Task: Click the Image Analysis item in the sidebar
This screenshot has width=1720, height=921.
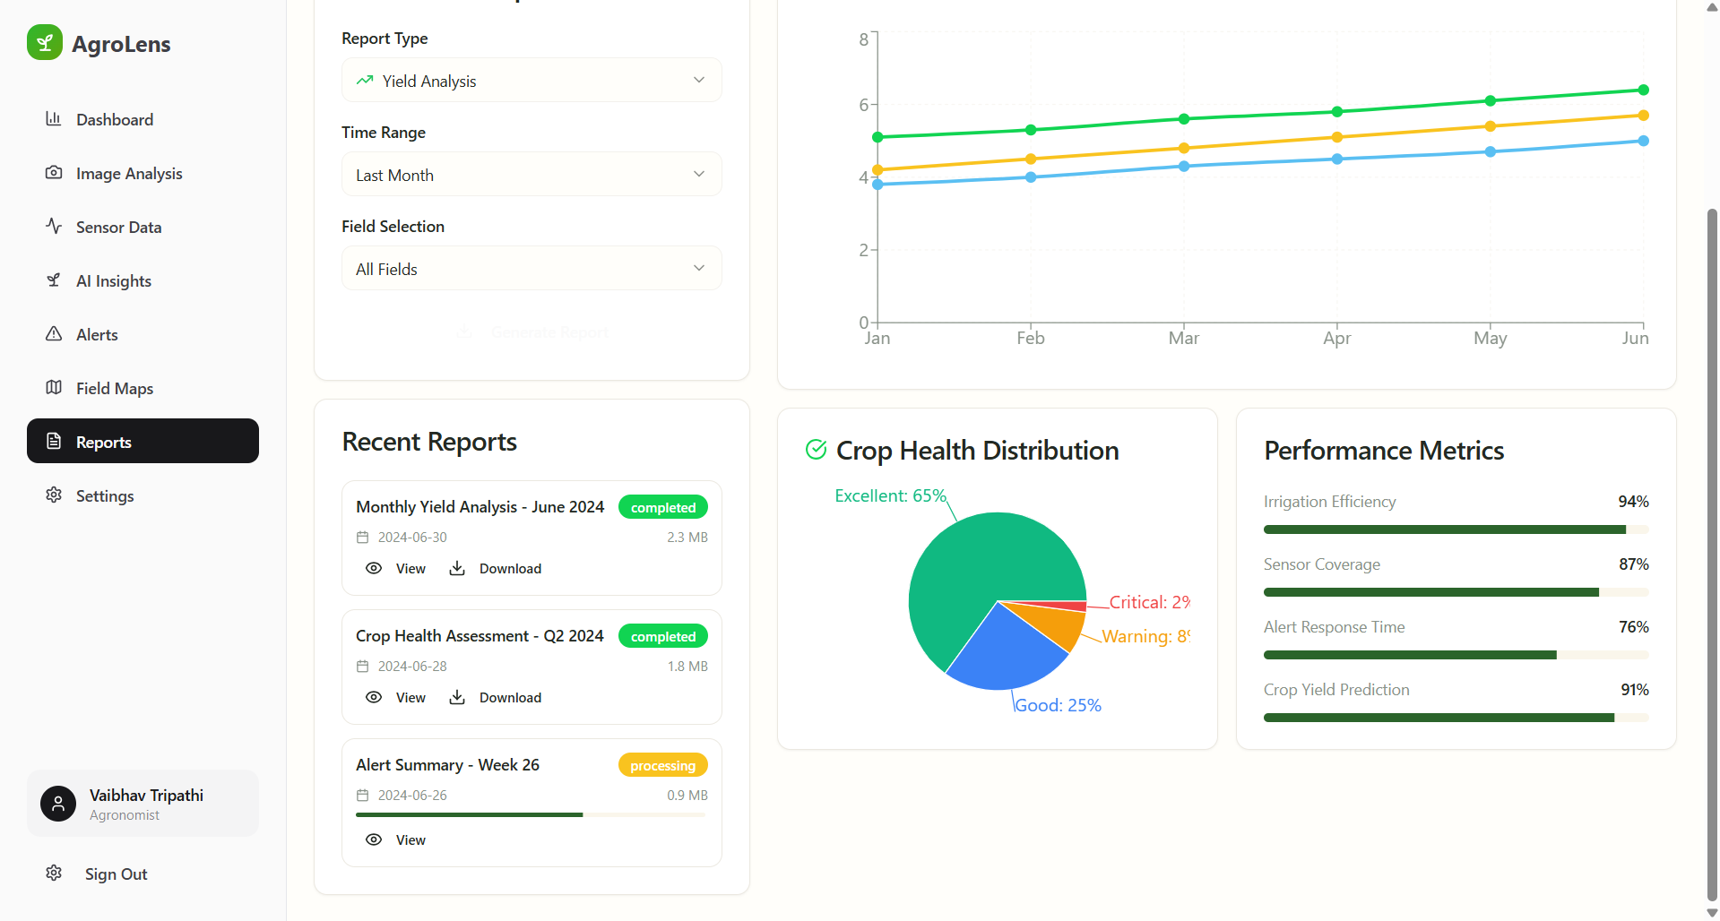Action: pos(128,174)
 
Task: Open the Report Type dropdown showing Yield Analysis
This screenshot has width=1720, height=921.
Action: pos(532,81)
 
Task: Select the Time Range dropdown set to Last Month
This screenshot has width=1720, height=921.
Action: pos(532,175)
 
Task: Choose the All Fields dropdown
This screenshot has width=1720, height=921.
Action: pos(532,269)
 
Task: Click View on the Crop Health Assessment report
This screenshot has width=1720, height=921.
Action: pos(396,698)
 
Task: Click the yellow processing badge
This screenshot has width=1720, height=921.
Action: pos(662,765)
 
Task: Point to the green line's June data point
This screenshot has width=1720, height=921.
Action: pos(1643,90)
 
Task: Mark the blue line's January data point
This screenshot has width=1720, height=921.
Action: pos(877,185)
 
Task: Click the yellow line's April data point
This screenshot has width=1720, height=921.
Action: pos(1336,137)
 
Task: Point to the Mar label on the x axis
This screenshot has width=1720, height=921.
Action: pos(1183,339)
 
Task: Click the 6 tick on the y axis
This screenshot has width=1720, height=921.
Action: pos(863,105)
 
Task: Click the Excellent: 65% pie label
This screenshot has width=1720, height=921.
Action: pos(889,496)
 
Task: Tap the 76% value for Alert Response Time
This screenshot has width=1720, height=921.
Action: pos(1633,627)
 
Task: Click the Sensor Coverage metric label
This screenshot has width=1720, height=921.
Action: pos(1321,564)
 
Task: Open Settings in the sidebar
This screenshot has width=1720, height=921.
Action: pos(104,496)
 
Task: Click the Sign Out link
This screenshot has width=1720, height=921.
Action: pos(116,874)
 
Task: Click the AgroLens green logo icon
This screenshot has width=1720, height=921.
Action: pos(45,43)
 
